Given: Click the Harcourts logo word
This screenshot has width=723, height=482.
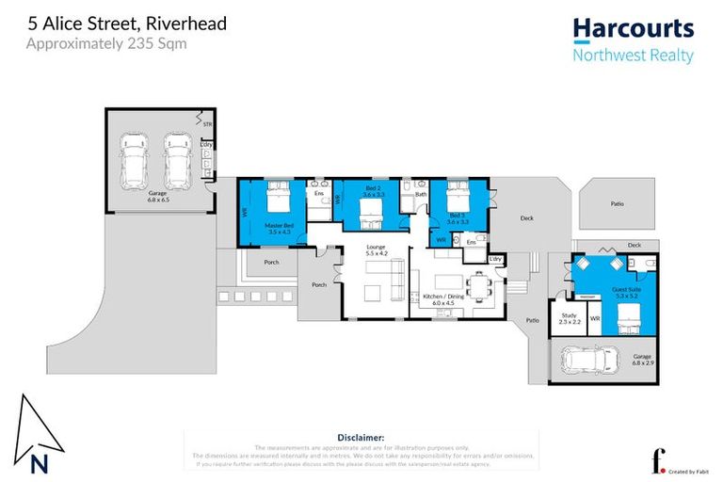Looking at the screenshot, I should [633, 29].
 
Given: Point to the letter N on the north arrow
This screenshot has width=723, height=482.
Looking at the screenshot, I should [39, 462].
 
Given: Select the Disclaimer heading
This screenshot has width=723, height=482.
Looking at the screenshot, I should [361, 438].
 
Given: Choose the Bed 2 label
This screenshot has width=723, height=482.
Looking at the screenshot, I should [373, 192].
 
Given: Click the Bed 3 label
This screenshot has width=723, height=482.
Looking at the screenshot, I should [458, 218].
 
